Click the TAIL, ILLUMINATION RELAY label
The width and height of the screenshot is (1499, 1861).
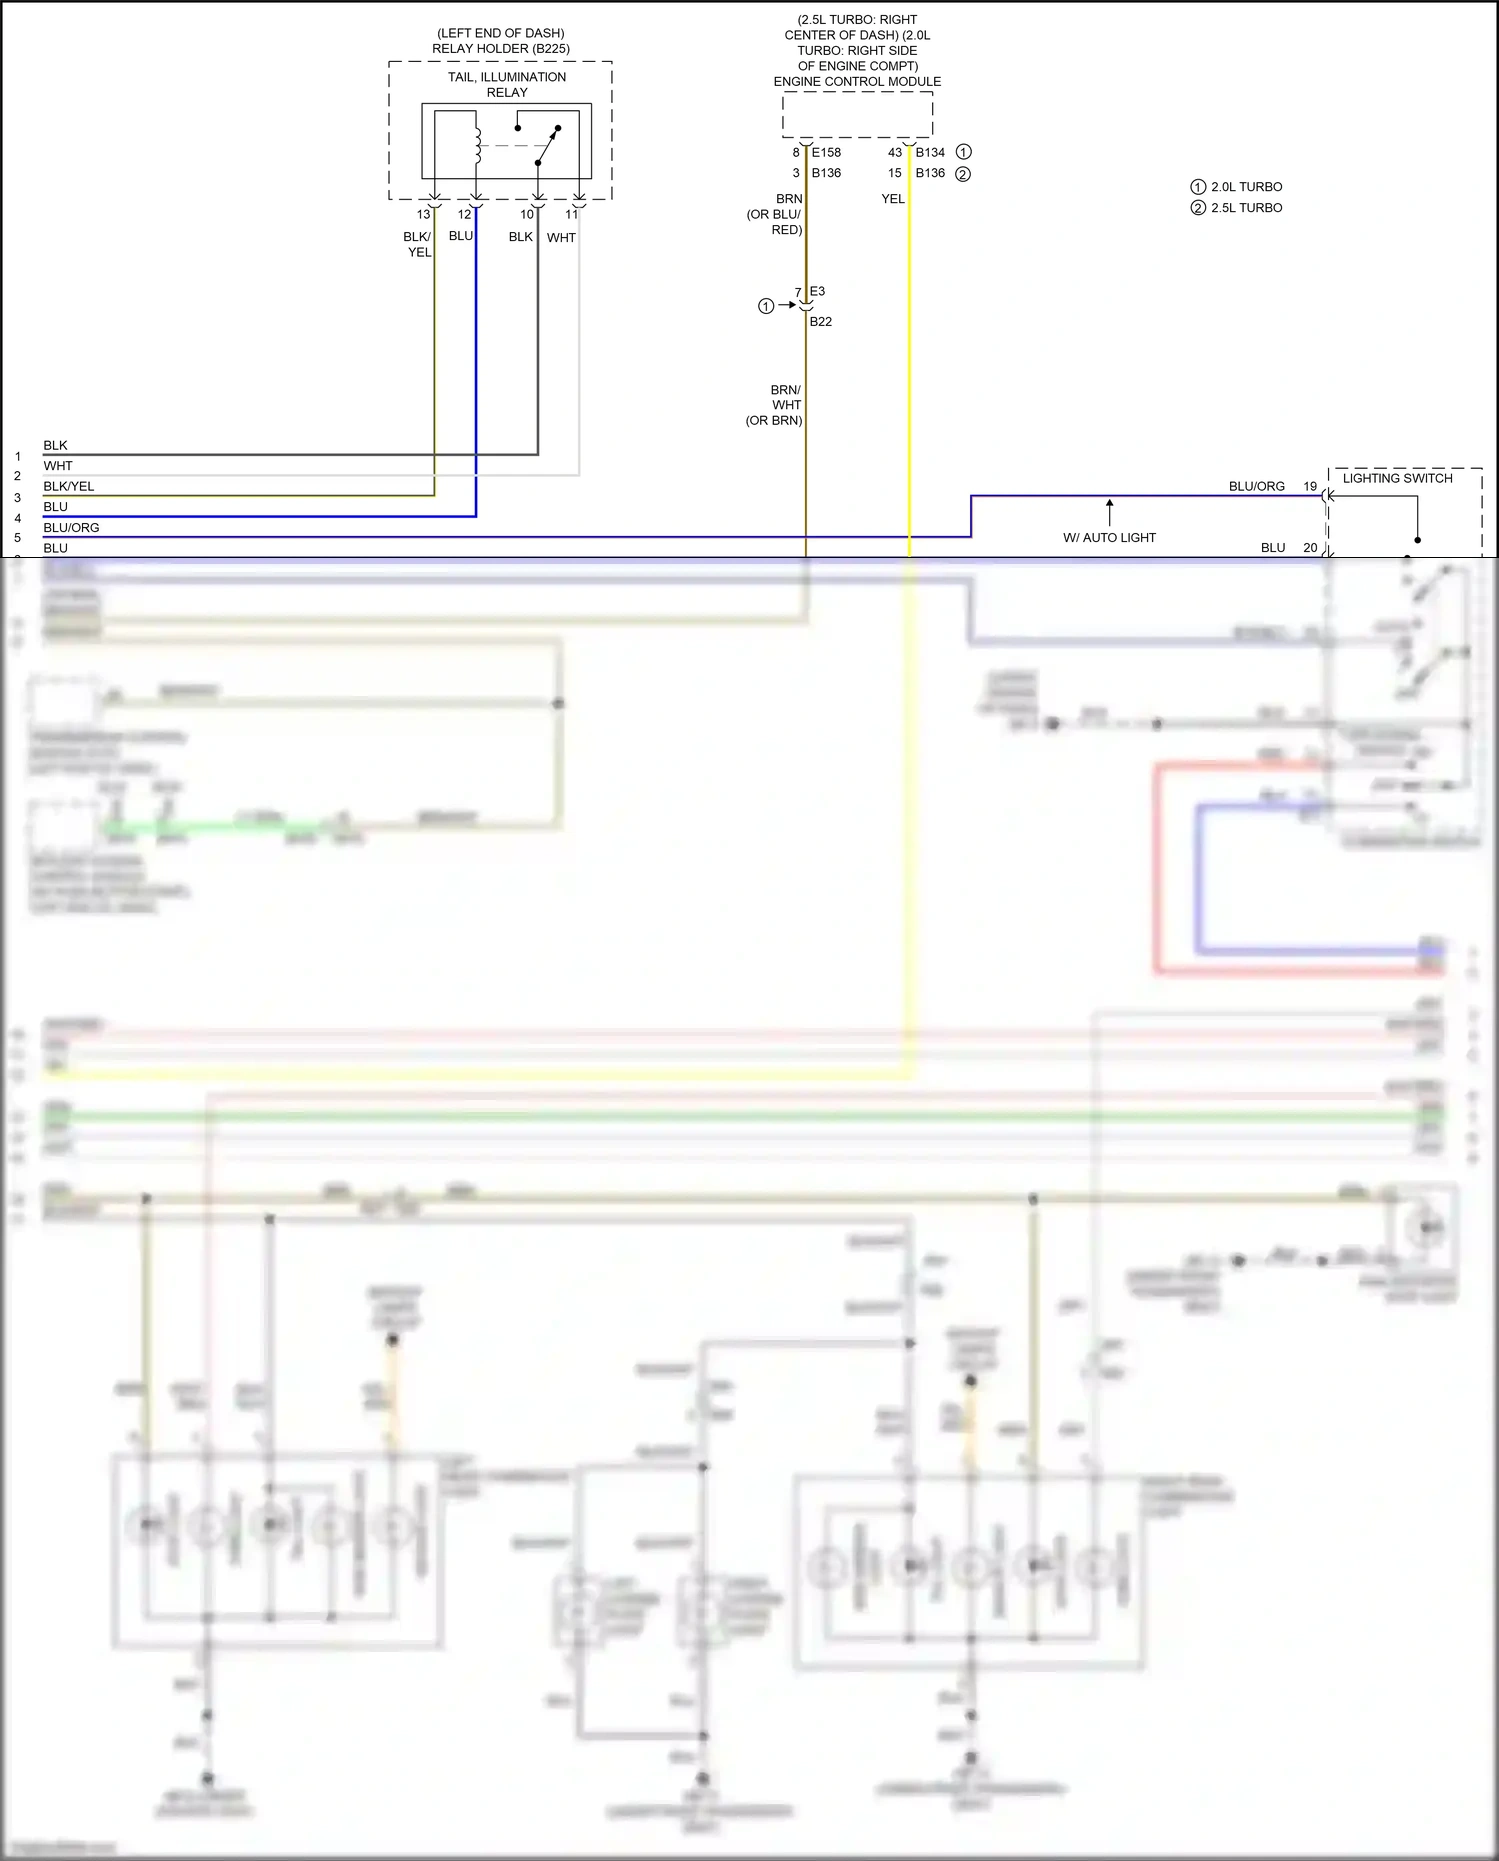click(x=506, y=84)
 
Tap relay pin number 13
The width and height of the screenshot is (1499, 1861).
click(x=423, y=214)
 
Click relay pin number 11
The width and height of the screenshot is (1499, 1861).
click(x=571, y=214)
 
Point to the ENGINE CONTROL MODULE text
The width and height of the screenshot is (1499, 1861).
click(x=857, y=82)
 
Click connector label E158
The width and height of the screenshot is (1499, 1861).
click(x=826, y=153)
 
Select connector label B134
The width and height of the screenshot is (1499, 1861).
click(x=930, y=153)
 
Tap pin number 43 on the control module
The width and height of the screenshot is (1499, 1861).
click(x=894, y=153)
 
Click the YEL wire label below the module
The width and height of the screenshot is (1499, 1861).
click(x=892, y=199)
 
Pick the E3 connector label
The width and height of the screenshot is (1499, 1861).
click(x=817, y=292)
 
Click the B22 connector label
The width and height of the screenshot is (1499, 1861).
click(x=821, y=322)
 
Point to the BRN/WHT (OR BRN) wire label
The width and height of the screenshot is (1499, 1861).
click(x=776, y=405)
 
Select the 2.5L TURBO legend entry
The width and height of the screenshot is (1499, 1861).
click(x=1246, y=208)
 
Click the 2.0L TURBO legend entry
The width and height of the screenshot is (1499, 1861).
click(x=1246, y=187)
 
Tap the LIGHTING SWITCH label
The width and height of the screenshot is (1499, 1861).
click(x=1397, y=479)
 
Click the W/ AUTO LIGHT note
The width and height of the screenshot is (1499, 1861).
click(x=1109, y=538)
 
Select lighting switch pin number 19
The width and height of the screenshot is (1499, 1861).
click(x=1310, y=487)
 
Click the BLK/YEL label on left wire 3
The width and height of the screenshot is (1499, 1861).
click(x=69, y=487)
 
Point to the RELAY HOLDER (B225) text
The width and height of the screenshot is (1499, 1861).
click(x=501, y=49)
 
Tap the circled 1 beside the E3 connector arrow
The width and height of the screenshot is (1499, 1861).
click(x=766, y=306)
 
